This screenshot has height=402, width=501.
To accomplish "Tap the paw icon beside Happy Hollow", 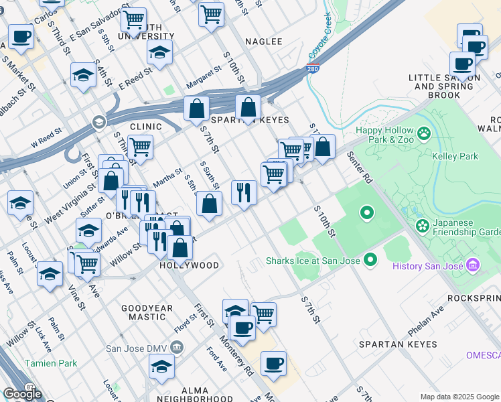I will pyautogui.click(x=424, y=134).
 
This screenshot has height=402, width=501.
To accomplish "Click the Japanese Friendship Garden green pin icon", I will pyautogui.click(x=422, y=224).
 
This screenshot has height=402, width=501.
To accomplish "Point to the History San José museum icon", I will pyautogui.click(x=474, y=265).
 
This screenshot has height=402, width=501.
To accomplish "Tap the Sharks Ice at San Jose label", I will pyautogui.click(x=313, y=261).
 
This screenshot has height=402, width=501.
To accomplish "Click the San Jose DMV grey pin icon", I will pyautogui.click(x=177, y=347).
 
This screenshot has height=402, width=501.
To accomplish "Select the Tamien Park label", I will pyautogui.click(x=51, y=363).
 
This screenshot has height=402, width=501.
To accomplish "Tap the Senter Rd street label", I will pyautogui.click(x=359, y=167).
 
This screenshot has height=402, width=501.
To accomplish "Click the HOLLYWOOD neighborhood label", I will pyautogui.click(x=189, y=265).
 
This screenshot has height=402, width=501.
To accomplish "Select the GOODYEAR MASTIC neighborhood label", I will pyautogui.click(x=143, y=312).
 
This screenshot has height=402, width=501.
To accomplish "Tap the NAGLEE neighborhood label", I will pyautogui.click(x=263, y=42).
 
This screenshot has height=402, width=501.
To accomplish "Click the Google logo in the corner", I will pyautogui.click(x=23, y=394).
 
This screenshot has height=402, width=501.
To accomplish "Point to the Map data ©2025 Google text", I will pyautogui.click(x=459, y=397).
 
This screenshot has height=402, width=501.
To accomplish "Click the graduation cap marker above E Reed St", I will pyautogui.click(x=159, y=52).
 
